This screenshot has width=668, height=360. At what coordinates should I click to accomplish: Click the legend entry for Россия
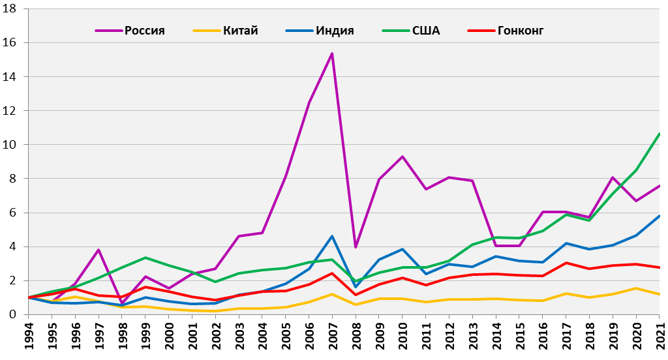[144, 31]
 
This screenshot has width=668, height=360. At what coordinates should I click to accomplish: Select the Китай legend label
[240, 31]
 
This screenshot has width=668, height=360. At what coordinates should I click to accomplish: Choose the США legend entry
[426, 31]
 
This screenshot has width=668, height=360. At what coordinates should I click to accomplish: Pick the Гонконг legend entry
[520, 31]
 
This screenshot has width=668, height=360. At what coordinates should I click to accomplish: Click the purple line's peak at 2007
[332, 53]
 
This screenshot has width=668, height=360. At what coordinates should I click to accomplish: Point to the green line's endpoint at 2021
[660, 134]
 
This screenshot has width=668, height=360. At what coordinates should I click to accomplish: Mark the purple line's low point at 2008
[355, 247]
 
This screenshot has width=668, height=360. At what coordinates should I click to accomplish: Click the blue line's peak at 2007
[332, 236]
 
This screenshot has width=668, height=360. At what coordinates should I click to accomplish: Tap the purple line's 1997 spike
[99, 250]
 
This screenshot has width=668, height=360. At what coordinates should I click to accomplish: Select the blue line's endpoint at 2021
[660, 216]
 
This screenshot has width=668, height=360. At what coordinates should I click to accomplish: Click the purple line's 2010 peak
[402, 157]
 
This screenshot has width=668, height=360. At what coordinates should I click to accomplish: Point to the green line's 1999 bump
[145, 258]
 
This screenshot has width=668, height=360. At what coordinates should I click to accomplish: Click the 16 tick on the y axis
[13, 42]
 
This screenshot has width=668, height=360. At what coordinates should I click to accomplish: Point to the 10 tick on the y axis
[13, 145]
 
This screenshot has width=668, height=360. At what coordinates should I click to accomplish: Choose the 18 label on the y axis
[13, 8]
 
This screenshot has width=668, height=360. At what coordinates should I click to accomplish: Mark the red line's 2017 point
[566, 263]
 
